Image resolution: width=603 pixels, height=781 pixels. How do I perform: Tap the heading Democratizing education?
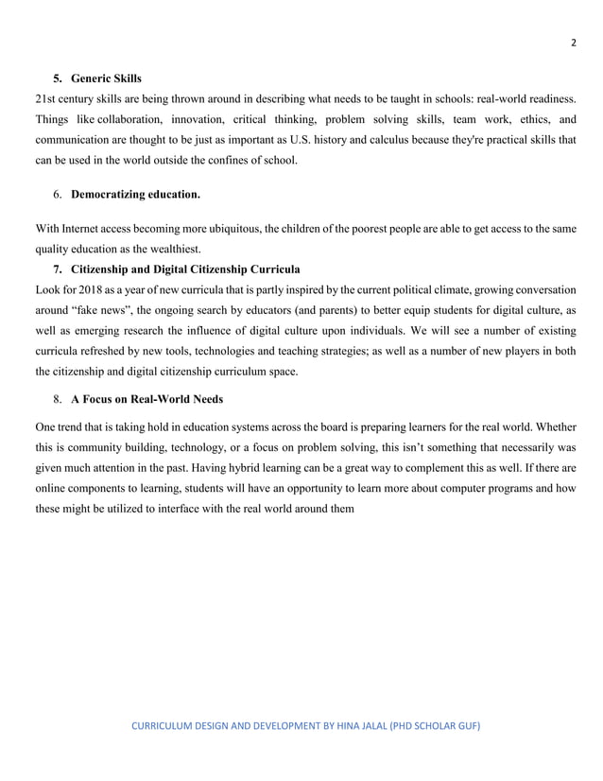135,195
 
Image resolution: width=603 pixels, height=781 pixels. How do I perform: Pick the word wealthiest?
175,251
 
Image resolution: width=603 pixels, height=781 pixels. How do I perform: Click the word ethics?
535,119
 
